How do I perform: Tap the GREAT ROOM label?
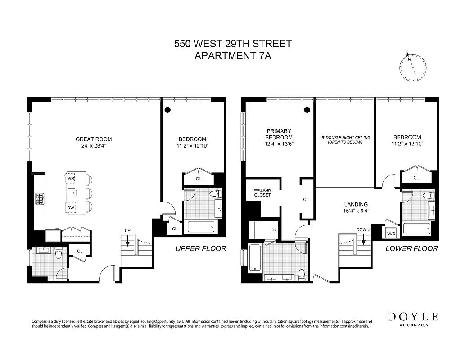pyautogui.click(x=94, y=139)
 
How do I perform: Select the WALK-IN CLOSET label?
pyautogui.click(x=262, y=193)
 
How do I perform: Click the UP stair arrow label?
pyautogui.click(x=127, y=231)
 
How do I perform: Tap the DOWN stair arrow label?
pyautogui.click(x=362, y=229)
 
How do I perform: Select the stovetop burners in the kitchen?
pyautogui.click(x=39, y=198)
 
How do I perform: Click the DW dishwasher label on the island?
pyautogui.click(x=71, y=207)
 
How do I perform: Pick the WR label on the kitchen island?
pyautogui.click(x=71, y=179)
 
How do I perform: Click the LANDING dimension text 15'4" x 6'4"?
pyautogui.click(x=357, y=211)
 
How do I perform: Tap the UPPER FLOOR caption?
pyautogui.click(x=201, y=248)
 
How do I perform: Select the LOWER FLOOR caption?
pyautogui.click(x=412, y=248)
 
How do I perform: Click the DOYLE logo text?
pyautogui.click(x=413, y=316)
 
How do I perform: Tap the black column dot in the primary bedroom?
pyautogui.click(x=307, y=109)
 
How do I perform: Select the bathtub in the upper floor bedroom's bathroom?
pyautogui.click(x=200, y=226)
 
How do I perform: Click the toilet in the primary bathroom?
pyautogui.click(x=301, y=274)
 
